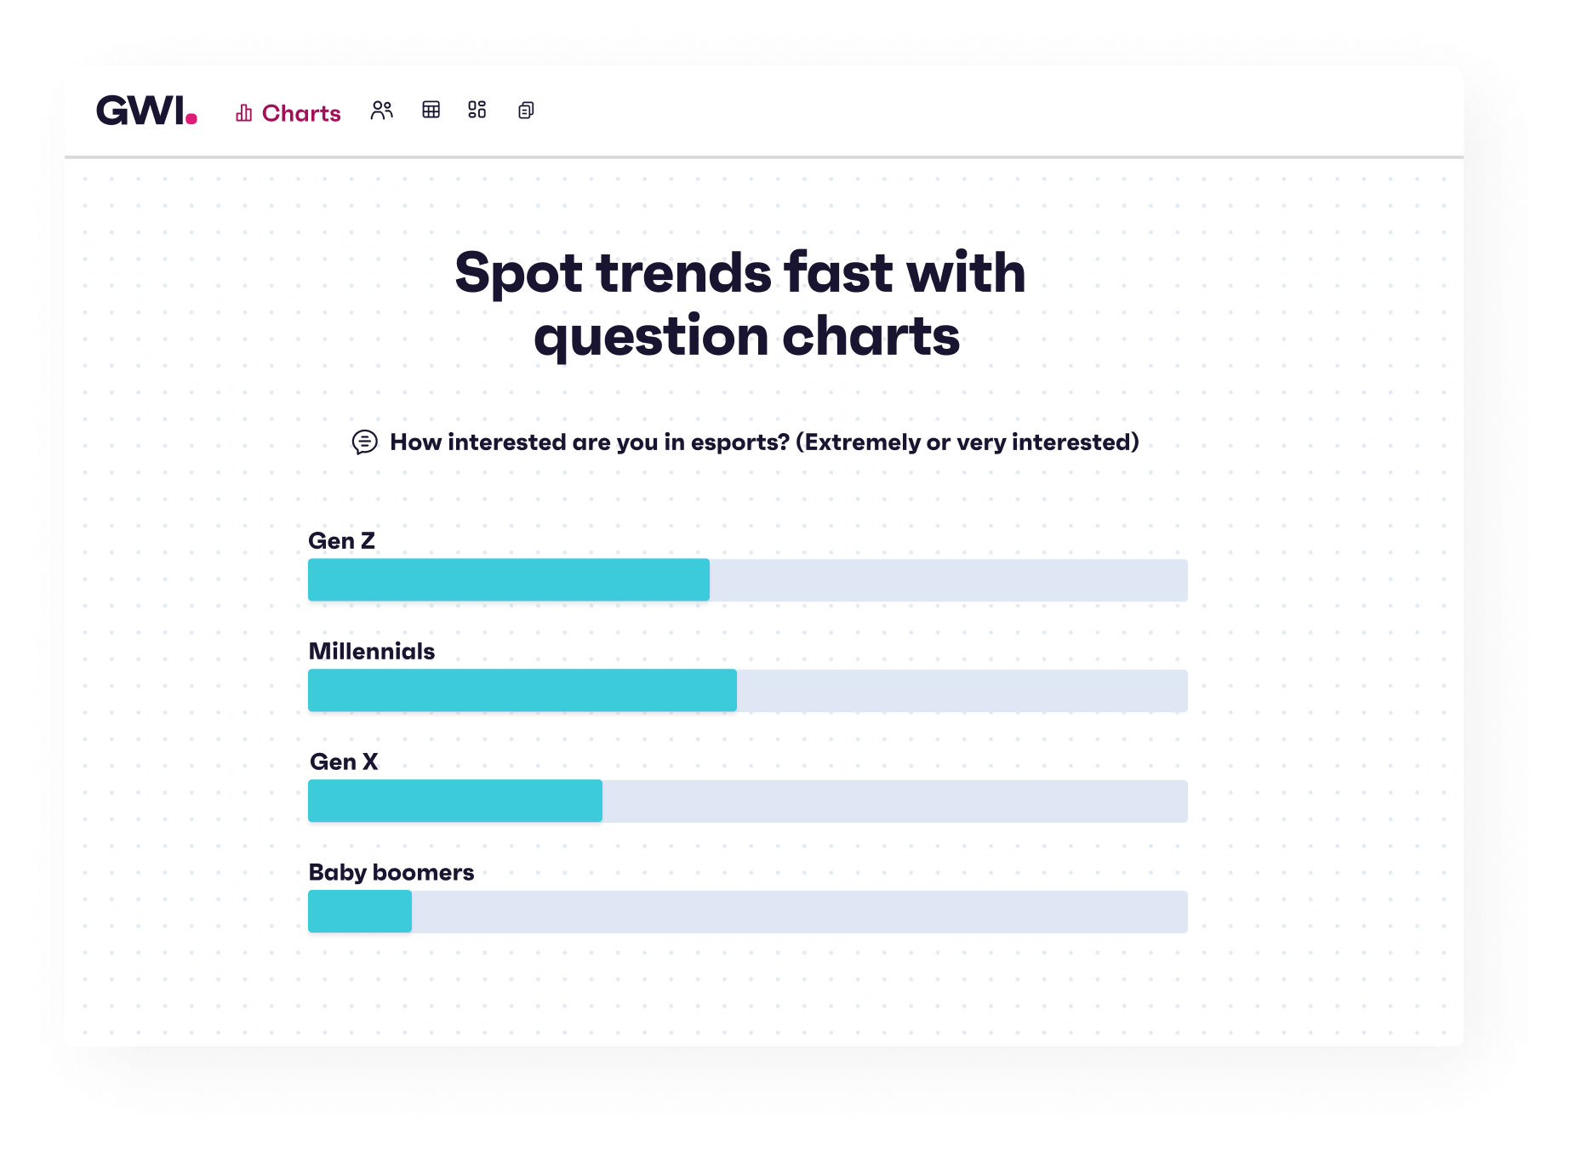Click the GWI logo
pos(146,111)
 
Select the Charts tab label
pos(301,113)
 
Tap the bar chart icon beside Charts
pos(244,113)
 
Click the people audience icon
pos(382,111)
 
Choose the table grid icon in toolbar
pos(431,110)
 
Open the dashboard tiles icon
pos(477,110)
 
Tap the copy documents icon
pos(526,111)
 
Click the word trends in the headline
pos(685,273)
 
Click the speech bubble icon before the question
pos(364,442)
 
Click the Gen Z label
pos(341,541)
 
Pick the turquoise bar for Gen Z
pos(509,580)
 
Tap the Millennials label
pos(372,652)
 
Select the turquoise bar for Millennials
pos(522,691)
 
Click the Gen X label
pos(344,762)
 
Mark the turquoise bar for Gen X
pos(455,801)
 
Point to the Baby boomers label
pos(391,873)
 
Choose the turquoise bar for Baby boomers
pos(360,912)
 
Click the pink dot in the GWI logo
pos(191,119)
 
